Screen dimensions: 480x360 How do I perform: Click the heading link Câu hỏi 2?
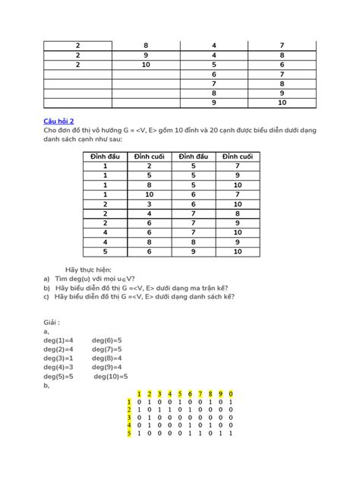coord(61,121)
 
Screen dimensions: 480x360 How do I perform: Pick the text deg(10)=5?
coord(111,376)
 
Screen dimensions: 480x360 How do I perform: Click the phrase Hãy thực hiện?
coord(87,270)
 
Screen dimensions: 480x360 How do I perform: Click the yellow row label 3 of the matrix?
coord(130,417)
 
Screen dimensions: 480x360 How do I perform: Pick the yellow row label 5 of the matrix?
coord(130,434)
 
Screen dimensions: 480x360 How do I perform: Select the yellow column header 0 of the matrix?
coord(230,393)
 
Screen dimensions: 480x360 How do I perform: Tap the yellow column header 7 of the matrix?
coord(201,393)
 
